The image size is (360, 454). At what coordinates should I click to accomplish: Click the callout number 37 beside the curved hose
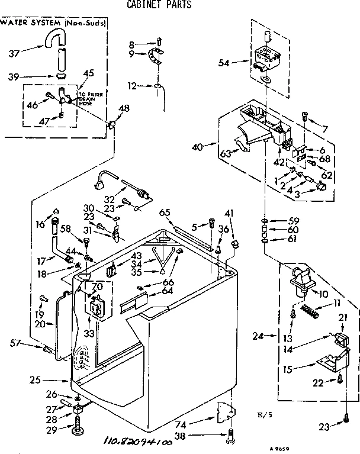point(14,53)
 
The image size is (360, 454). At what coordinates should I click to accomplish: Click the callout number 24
point(273,337)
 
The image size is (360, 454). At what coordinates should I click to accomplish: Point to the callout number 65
point(165,212)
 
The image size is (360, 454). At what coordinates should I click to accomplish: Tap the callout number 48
point(124,108)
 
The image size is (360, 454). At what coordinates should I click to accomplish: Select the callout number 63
point(225,154)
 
